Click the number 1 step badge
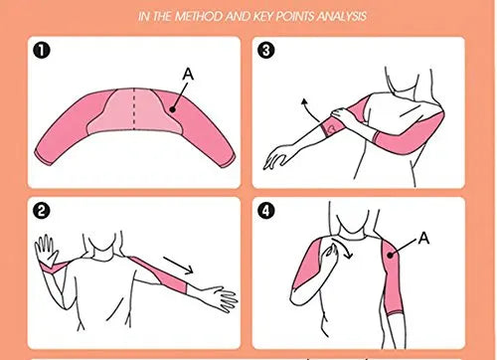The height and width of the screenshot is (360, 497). (42, 51)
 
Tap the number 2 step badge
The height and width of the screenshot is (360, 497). (42, 211)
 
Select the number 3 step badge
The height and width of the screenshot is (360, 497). (266, 51)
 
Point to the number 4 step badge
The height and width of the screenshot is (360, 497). (266, 211)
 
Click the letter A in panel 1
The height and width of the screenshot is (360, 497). (188, 75)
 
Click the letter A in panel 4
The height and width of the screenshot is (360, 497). (423, 238)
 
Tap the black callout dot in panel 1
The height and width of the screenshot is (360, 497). (172, 109)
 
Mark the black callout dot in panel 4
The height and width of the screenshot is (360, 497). (391, 255)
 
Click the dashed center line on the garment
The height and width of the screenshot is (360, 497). (134, 109)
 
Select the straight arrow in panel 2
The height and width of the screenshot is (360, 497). (178, 265)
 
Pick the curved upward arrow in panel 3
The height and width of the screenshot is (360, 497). (309, 108)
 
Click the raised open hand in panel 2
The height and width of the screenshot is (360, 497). (47, 251)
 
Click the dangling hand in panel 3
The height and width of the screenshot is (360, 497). (277, 157)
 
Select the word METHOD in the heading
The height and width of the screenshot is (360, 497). (199, 16)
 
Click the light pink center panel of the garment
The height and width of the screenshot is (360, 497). (134, 111)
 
